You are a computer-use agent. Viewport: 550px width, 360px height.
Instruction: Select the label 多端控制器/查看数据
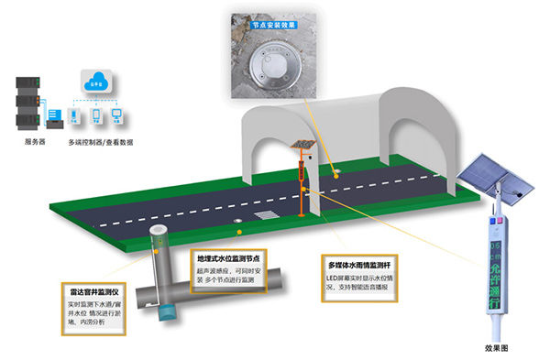tap(101, 143)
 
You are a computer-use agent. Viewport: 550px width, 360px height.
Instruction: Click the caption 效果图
tap(496, 348)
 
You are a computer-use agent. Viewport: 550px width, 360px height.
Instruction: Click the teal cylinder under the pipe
tap(166, 311)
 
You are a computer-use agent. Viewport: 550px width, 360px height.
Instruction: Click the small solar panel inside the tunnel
tap(300, 146)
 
